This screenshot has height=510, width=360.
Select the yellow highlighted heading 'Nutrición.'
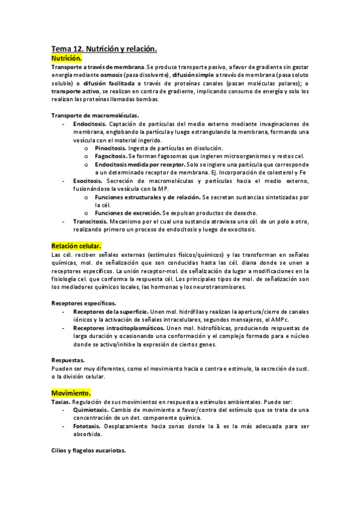(x=67, y=58)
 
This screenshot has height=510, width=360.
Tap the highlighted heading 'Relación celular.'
(x=76, y=246)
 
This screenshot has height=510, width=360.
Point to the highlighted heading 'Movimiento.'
(x=71, y=393)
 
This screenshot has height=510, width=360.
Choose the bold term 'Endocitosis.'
(x=90, y=123)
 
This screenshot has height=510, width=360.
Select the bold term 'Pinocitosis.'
(x=111, y=148)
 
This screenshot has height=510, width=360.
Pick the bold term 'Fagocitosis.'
(x=111, y=156)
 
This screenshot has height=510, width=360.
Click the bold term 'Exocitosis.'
(x=88, y=180)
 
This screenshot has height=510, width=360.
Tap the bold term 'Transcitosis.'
(x=91, y=221)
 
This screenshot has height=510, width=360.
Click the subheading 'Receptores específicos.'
(x=84, y=303)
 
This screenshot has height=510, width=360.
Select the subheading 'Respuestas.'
(x=67, y=360)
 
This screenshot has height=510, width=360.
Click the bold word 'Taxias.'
(x=61, y=401)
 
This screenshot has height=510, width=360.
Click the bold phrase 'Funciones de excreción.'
(x=127, y=213)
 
